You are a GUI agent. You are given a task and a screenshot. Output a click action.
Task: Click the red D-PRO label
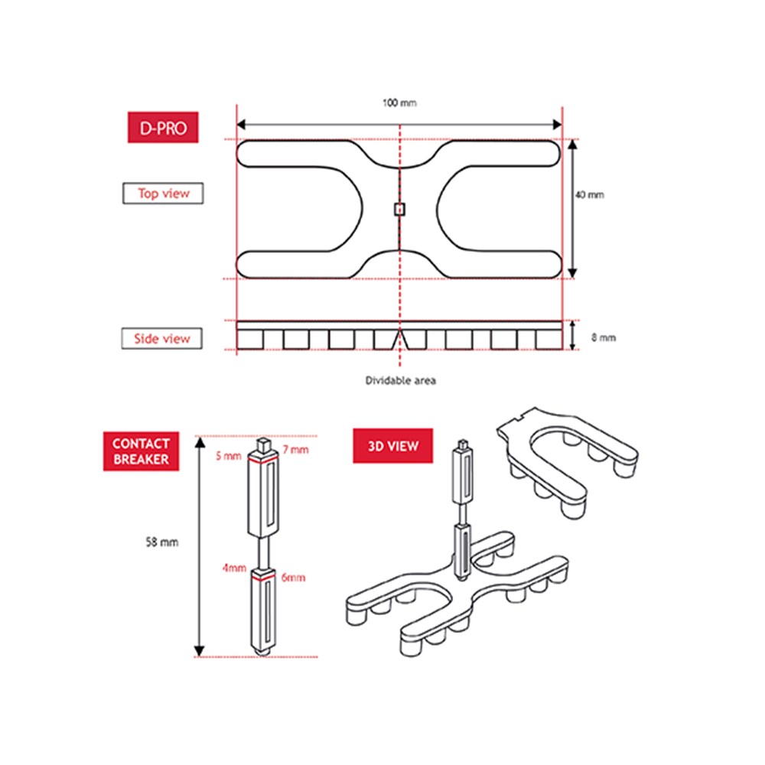[163, 127]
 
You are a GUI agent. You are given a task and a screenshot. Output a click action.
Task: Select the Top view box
[163, 194]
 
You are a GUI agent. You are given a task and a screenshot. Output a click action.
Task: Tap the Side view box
[162, 339]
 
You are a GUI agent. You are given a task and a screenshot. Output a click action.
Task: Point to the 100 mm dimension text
[399, 103]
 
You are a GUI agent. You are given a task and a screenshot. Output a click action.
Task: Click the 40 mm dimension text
[589, 194]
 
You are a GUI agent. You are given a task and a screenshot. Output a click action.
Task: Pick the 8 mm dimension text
[604, 337]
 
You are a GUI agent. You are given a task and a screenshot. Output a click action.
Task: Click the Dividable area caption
[401, 380]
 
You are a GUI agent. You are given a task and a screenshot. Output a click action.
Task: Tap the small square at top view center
[399, 210]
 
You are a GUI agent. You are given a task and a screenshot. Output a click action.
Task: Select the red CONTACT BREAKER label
[141, 451]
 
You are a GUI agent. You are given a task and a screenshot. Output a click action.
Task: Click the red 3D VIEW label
[392, 446]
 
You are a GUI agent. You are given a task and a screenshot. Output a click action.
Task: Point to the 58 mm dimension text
[162, 542]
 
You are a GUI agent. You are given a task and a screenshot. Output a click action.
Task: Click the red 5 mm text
[229, 456]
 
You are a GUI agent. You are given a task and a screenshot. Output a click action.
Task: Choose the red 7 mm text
[295, 449]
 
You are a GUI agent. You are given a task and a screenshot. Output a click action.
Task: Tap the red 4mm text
[234, 568]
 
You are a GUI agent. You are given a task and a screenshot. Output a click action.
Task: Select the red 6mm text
[293, 578]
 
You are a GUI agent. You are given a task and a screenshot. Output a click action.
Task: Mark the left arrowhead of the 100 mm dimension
[241, 125]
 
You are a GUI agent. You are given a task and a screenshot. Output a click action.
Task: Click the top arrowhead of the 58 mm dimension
[200, 442]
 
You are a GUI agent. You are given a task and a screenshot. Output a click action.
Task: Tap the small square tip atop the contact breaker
[263, 444]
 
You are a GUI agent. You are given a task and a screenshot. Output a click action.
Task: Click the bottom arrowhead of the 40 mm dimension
[573, 273]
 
